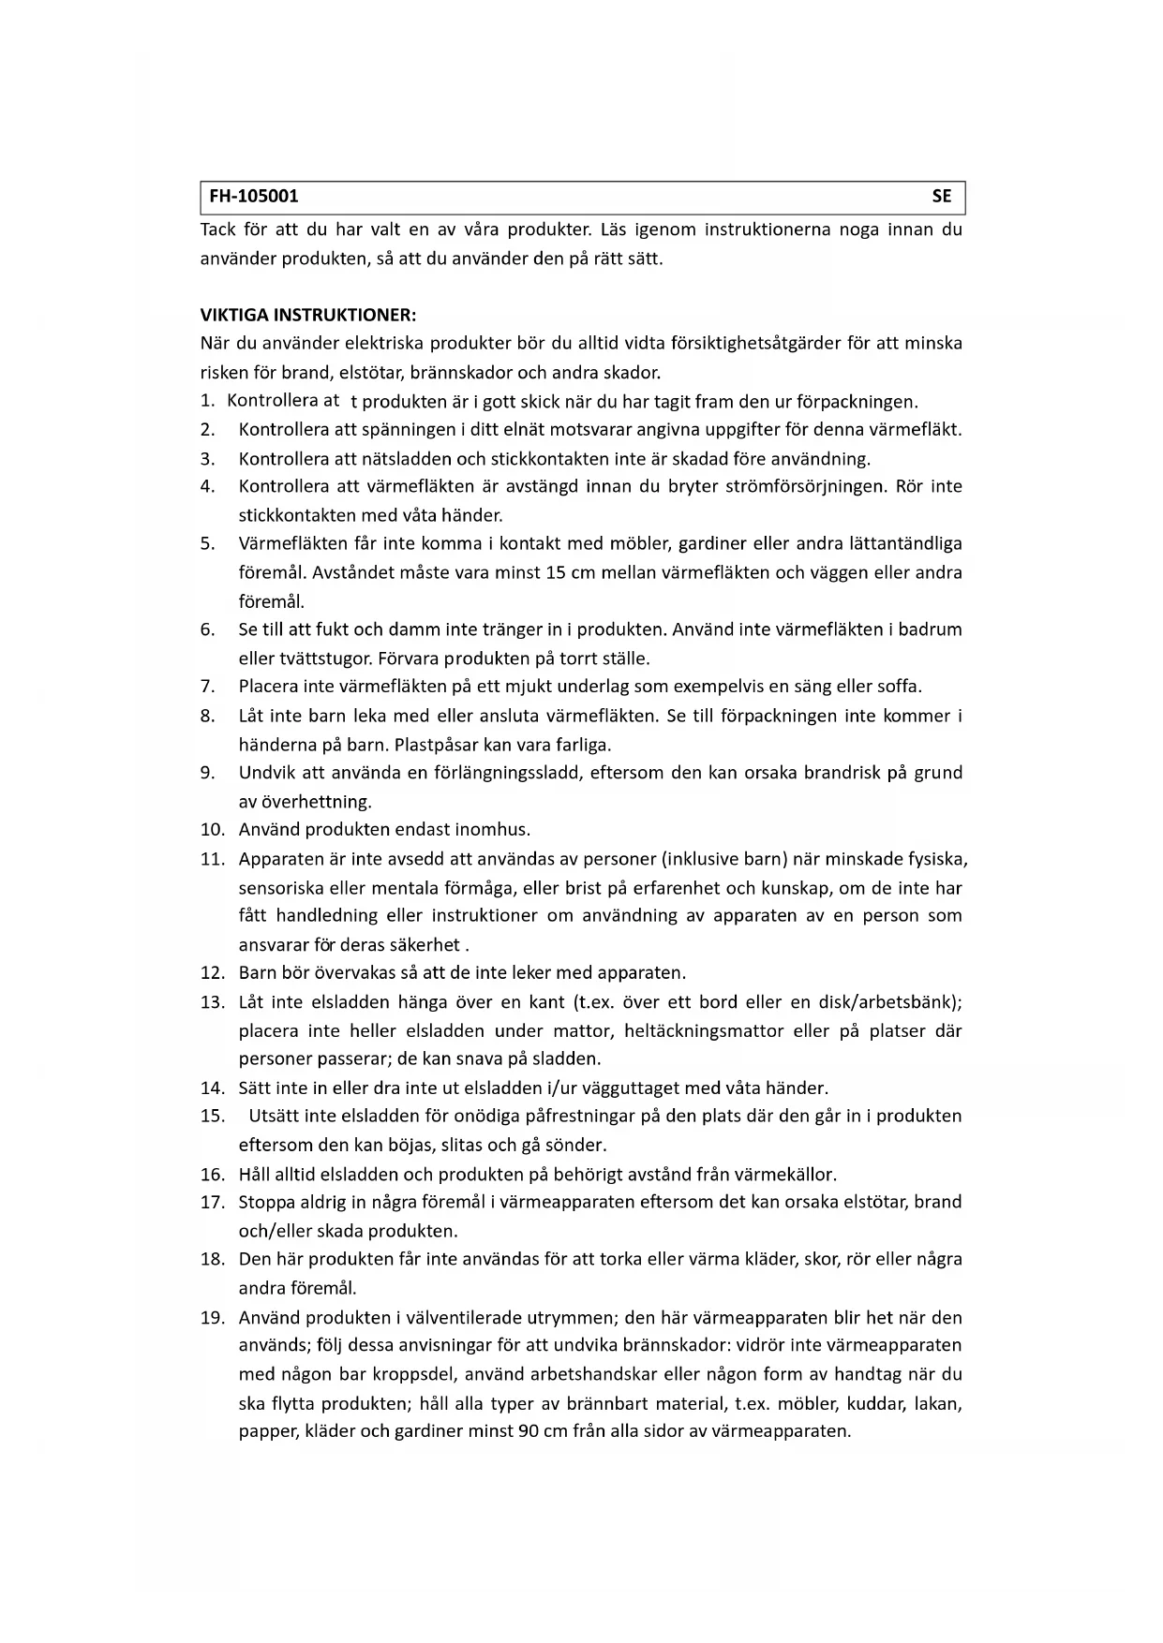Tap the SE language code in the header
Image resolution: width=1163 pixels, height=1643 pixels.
[941, 197]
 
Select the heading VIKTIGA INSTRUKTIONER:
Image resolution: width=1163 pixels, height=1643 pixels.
[308, 315]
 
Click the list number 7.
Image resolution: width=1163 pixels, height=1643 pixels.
[207, 687]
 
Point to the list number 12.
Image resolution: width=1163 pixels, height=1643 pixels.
[212, 972]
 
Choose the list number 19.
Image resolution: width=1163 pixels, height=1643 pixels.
[212, 1317]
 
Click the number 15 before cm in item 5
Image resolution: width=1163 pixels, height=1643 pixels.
[554, 572]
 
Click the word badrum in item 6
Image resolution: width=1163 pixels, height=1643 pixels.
[930, 629]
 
